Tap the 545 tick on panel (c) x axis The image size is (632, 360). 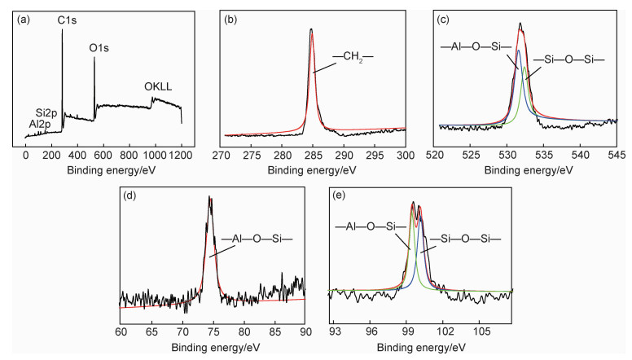616,154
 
